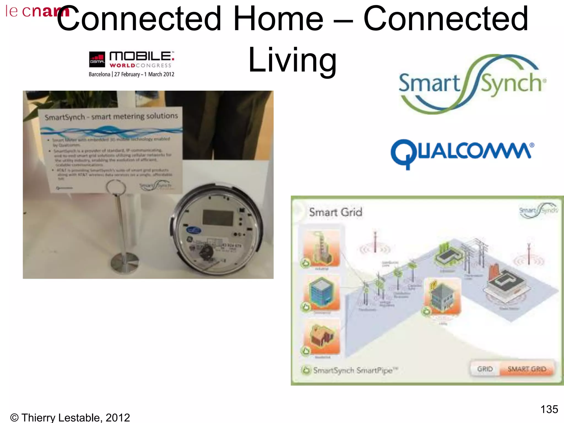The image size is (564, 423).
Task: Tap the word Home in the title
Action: pyautogui.click(x=278, y=19)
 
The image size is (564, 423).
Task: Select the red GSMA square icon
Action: pyautogui.click(x=97, y=59)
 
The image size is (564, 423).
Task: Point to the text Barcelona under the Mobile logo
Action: pyautogui.click(x=99, y=74)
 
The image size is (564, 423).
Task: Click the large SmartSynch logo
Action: pyautogui.click(x=472, y=84)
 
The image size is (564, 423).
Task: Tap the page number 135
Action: pyautogui.click(x=549, y=409)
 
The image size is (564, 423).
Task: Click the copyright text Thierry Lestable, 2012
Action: pyautogui.click(x=70, y=417)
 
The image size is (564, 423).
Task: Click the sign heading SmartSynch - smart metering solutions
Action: pyautogui.click(x=111, y=117)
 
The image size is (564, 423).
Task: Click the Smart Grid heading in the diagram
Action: pyautogui.click(x=335, y=212)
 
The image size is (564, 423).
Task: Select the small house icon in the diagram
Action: pyautogui.click(x=322, y=337)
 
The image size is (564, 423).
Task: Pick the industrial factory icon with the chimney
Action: pyautogui.click(x=322, y=248)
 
